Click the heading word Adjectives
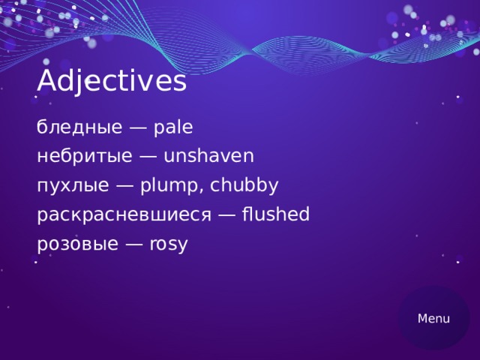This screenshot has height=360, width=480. pyautogui.click(x=111, y=82)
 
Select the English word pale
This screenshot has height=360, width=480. pyautogui.click(x=172, y=127)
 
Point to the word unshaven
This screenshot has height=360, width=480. pyautogui.click(x=208, y=157)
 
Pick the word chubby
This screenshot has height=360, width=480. pyautogui.click(x=244, y=186)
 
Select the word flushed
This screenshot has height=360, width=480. pyautogui.click(x=274, y=215)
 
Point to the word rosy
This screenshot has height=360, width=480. pyautogui.click(x=169, y=244)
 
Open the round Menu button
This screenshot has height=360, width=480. pyautogui.click(x=433, y=319)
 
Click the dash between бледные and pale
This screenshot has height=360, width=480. pyautogui.click(x=137, y=128)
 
